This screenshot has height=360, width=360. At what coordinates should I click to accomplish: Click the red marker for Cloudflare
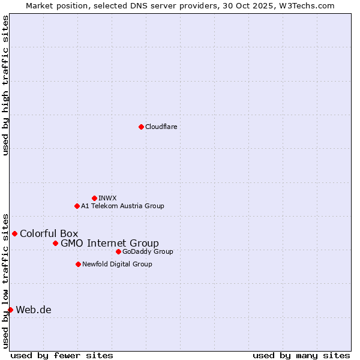click(141, 127)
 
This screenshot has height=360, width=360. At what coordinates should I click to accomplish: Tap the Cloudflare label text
click(161, 127)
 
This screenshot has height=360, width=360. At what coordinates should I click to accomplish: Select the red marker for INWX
click(94, 198)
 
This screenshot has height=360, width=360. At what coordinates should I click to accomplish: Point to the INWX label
click(107, 198)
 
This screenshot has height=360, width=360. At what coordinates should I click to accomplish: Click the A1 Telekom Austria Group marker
click(77, 206)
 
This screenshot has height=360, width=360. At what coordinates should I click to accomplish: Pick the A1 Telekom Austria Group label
click(122, 206)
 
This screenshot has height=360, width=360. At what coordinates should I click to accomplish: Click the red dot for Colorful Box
click(15, 233)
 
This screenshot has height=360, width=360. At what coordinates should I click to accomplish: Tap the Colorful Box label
click(49, 233)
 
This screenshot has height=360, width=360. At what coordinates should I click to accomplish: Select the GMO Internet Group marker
click(55, 243)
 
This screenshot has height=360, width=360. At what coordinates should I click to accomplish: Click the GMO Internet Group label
click(110, 243)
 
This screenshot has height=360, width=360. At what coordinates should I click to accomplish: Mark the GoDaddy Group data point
click(118, 251)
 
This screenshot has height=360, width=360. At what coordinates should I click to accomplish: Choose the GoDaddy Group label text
click(148, 251)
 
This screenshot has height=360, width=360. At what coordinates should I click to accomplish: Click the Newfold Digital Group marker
click(78, 264)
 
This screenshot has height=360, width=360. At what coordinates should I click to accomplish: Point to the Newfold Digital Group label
click(117, 264)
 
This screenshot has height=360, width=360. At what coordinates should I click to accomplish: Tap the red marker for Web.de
click(11, 310)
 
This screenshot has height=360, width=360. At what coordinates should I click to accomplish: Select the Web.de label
click(34, 310)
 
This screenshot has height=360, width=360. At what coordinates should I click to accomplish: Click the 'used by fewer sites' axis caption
click(62, 355)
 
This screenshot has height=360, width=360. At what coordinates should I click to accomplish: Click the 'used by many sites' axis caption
click(301, 355)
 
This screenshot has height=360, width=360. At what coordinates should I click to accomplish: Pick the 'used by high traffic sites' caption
click(5, 85)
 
